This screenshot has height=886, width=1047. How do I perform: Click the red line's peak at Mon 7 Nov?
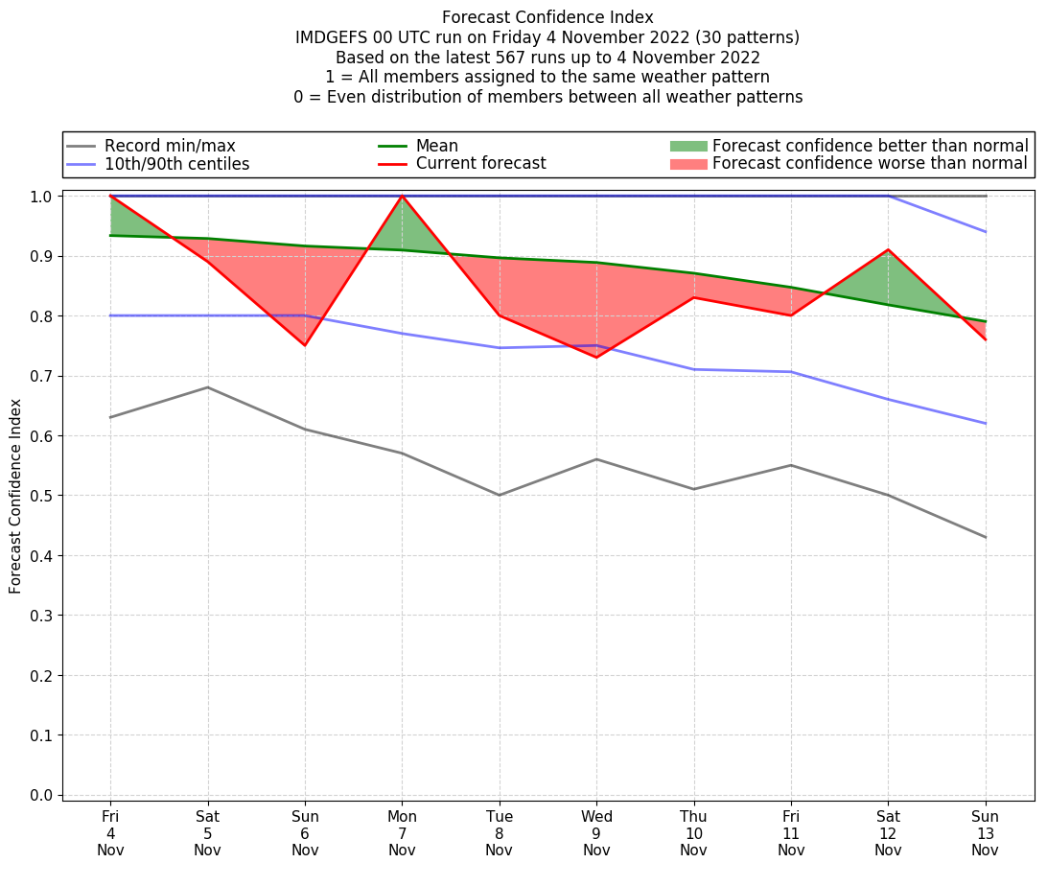coord(402,196)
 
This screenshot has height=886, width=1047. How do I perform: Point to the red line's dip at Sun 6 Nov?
coord(305,345)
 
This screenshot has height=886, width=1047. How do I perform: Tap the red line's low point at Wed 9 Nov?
coord(596,358)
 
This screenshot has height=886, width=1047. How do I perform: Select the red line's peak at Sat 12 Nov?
coord(888,249)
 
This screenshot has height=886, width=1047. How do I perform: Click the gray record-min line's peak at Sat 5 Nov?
coord(208,387)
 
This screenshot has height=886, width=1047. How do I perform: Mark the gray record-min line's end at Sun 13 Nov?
coord(986,537)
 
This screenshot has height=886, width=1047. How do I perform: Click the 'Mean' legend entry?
coord(436,146)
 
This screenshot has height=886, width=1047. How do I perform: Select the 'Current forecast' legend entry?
coord(480,164)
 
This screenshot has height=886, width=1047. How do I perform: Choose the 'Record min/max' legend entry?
coord(169,146)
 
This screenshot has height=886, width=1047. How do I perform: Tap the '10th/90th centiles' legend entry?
coord(176,164)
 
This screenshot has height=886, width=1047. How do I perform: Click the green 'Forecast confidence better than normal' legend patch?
coord(687,146)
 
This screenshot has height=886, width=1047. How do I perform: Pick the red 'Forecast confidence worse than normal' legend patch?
coord(687,164)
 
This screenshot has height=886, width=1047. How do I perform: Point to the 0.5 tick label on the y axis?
coord(41,496)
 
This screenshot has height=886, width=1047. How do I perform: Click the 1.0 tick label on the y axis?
coord(41,196)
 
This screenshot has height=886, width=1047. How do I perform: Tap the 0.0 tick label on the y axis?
coord(41,795)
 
